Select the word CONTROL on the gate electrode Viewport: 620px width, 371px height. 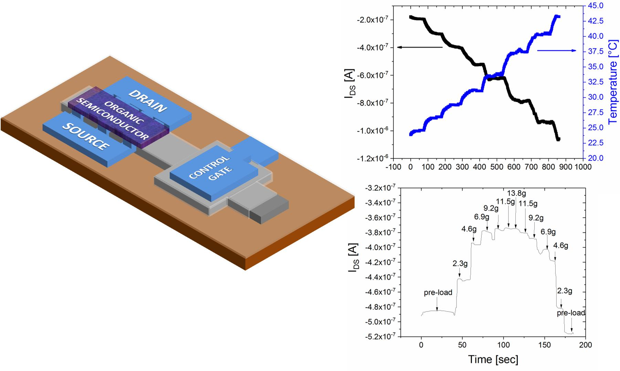209,167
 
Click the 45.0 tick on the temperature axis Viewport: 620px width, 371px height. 596,6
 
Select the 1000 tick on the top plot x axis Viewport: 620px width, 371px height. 583,167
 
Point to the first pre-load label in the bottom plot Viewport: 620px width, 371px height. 438,293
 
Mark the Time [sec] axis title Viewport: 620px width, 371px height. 493,360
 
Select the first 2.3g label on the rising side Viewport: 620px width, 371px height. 460,264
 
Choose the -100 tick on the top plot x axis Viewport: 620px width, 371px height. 393,167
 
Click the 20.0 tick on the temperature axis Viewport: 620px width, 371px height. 596,158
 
